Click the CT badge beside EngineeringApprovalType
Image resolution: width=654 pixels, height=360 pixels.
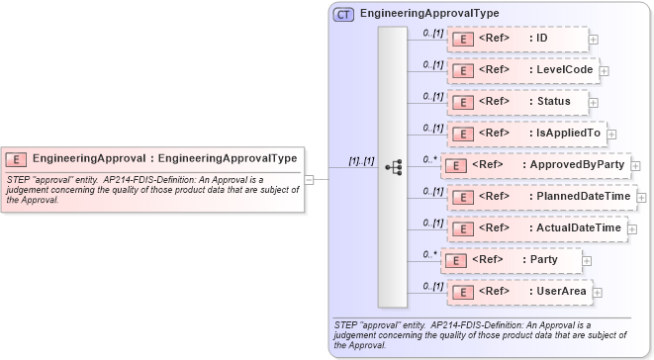coord(343,14)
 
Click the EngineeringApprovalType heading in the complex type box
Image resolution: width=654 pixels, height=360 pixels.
coord(416,14)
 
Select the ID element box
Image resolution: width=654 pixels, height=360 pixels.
coord(517,40)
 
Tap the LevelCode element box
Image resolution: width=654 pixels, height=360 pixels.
coord(522,71)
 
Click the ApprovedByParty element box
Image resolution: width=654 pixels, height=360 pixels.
coord(535,165)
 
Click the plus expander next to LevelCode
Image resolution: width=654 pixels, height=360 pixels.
coord(604,71)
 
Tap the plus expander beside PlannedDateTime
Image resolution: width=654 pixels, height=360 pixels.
coord(641,197)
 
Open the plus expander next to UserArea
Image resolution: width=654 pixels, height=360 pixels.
coord(597,292)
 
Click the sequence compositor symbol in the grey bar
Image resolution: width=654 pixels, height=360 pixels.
coord(392,167)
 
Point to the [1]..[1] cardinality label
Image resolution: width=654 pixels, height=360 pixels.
coord(360,160)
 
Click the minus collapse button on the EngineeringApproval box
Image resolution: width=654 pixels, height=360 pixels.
coord(310,179)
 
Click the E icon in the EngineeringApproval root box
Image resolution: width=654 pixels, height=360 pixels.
coord(16,158)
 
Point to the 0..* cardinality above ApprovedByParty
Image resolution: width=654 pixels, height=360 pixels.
coord(429,157)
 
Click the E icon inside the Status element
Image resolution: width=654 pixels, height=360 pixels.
coord(462,102)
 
